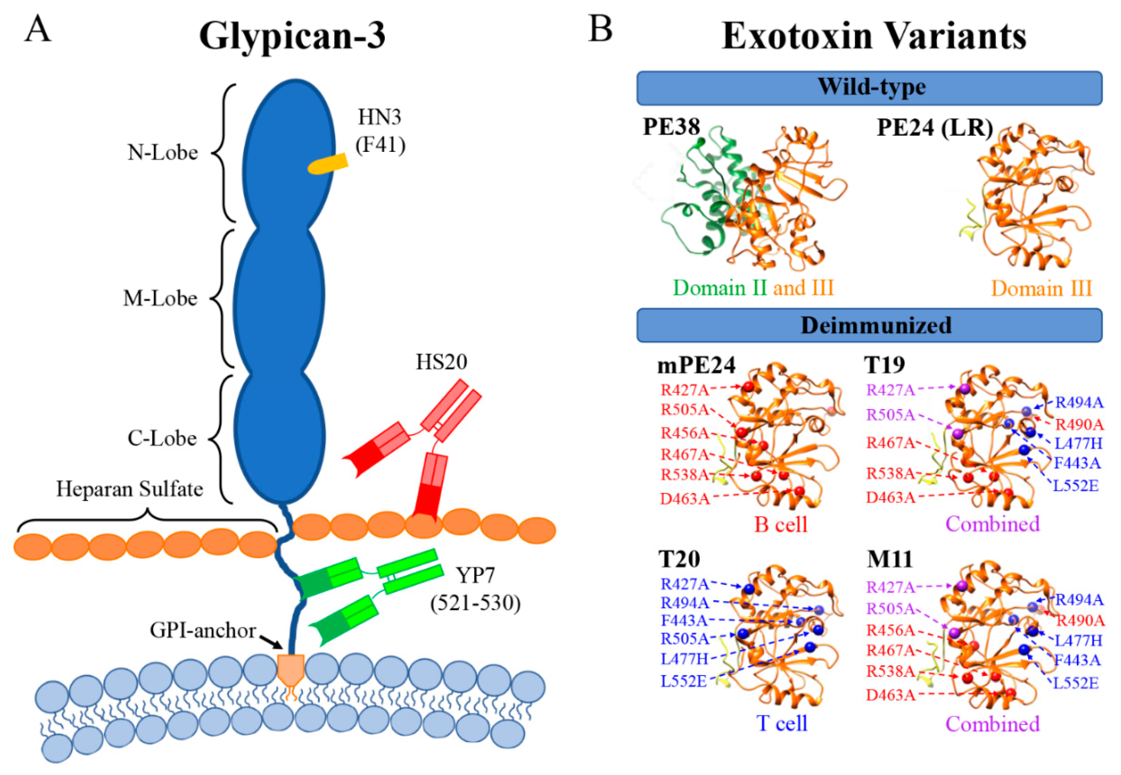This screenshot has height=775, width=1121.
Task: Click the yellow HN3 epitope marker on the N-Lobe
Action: (x=328, y=164)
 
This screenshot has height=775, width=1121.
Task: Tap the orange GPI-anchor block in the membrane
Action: (x=291, y=668)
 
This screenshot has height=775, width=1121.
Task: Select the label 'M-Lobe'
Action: (x=160, y=298)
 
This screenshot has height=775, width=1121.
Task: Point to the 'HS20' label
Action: (x=441, y=362)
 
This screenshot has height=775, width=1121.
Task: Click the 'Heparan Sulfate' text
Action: (x=129, y=489)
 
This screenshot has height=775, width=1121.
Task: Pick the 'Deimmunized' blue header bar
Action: (x=869, y=325)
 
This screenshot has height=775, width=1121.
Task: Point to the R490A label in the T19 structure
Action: (x=1080, y=424)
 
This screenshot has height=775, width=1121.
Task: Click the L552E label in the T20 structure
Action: (x=684, y=681)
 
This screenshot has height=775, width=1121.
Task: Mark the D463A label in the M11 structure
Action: (x=890, y=695)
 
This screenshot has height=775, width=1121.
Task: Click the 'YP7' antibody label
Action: (x=475, y=575)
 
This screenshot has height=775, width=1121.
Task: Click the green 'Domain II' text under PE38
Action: (x=720, y=288)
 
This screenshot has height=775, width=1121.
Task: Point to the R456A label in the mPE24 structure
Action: (x=684, y=433)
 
